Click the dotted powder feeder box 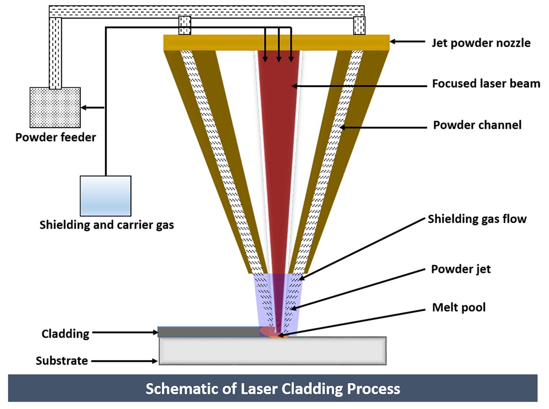[x=55, y=108]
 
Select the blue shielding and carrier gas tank [x=106, y=196]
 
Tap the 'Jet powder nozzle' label [x=481, y=43]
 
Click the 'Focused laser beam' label [x=486, y=84]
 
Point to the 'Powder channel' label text [x=477, y=124]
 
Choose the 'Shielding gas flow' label [x=477, y=219]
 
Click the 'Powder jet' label [x=461, y=269]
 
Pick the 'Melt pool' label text [x=459, y=308]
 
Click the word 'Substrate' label [x=62, y=361]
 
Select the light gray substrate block [x=272, y=351]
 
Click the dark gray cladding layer [x=208, y=332]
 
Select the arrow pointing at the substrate [x=124, y=361]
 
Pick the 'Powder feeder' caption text [x=56, y=137]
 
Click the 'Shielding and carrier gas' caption [x=107, y=225]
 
